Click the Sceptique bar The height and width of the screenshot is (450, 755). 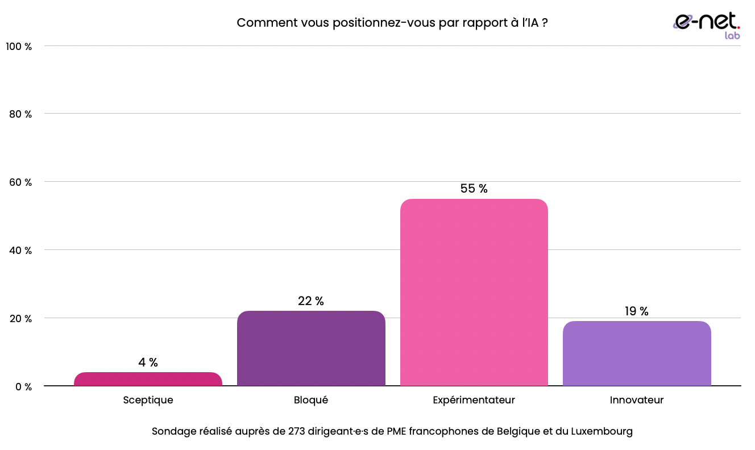tap(148, 380)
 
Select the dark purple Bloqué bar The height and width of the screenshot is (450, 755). tap(311, 348)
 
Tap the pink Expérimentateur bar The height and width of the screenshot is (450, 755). tap(474, 293)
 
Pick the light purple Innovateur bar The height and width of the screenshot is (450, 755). tap(637, 353)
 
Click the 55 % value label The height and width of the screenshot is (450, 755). tap(474, 189)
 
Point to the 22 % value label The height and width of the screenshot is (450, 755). tap(311, 301)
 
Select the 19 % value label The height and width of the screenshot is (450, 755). tap(637, 311)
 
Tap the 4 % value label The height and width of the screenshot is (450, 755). tap(148, 363)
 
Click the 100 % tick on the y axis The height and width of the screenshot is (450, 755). tap(19, 46)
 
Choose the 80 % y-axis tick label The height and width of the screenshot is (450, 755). tap(21, 114)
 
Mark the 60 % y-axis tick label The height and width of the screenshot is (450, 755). tap(21, 182)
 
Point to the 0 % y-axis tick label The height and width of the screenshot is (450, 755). tap(23, 387)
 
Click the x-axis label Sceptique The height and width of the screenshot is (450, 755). tap(148, 400)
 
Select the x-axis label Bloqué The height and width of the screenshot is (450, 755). tap(311, 400)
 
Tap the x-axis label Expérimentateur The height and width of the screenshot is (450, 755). tap(474, 400)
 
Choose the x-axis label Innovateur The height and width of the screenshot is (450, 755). tap(637, 400)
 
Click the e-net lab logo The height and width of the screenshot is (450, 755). tap(707, 25)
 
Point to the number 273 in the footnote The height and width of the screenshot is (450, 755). tap(296, 431)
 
